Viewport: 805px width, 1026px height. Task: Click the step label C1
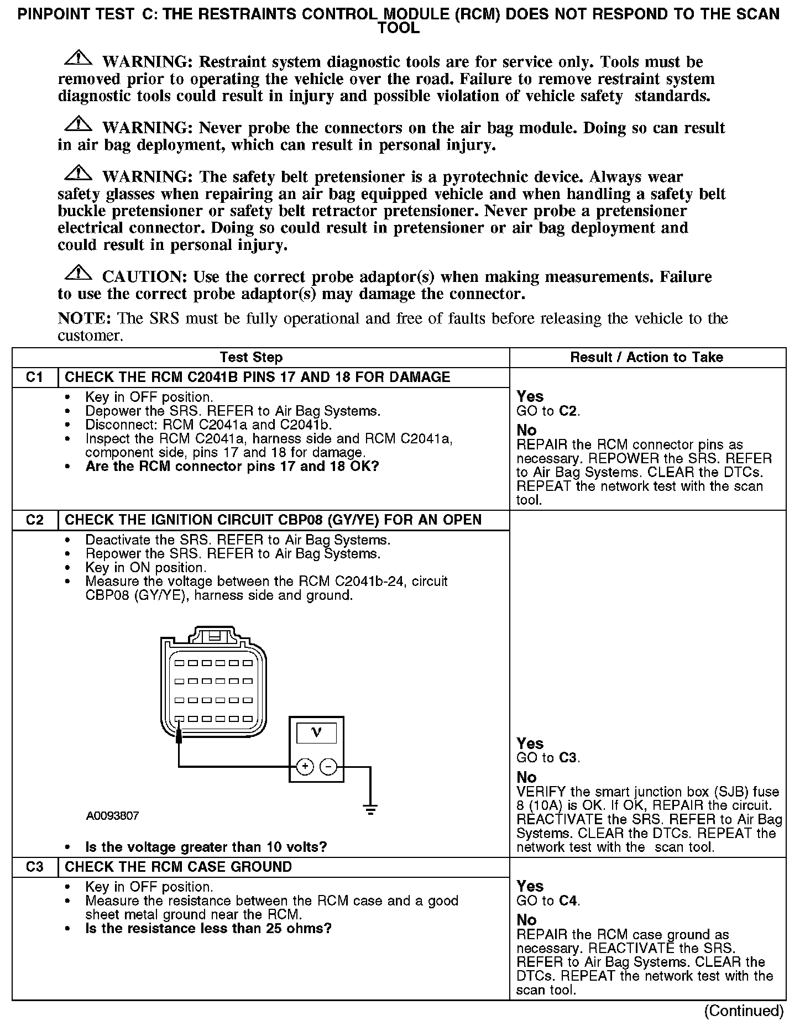pyautogui.click(x=34, y=378)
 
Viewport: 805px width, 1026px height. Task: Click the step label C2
pyautogui.click(x=34, y=520)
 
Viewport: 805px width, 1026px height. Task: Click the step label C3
pyautogui.click(x=34, y=867)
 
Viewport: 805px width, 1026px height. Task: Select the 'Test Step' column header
pyautogui.click(x=251, y=358)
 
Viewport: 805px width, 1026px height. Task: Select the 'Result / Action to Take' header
pyautogui.click(x=646, y=358)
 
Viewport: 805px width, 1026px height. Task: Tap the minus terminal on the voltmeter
pyautogui.click(x=328, y=767)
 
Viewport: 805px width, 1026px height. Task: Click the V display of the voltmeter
pyautogui.click(x=316, y=734)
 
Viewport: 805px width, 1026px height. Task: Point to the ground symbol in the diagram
pyautogui.click(x=370, y=810)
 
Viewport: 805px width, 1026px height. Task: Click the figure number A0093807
pyautogui.click(x=112, y=816)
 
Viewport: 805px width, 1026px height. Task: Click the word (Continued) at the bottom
pyautogui.click(x=744, y=1011)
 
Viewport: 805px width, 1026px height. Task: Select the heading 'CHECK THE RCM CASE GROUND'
pyautogui.click(x=178, y=867)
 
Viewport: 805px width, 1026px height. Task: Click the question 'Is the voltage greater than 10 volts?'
pyautogui.click(x=206, y=847)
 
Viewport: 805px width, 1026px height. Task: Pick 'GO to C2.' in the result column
pyautogui.click(x=548, y=411)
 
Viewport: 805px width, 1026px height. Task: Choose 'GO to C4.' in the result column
pyautogui.click(x=548, y=901)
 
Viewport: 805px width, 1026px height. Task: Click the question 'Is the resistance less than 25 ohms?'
pyautogui.click(x=208, y=928)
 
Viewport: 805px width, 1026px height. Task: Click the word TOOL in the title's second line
pyautogui.click(x=398, y=28)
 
